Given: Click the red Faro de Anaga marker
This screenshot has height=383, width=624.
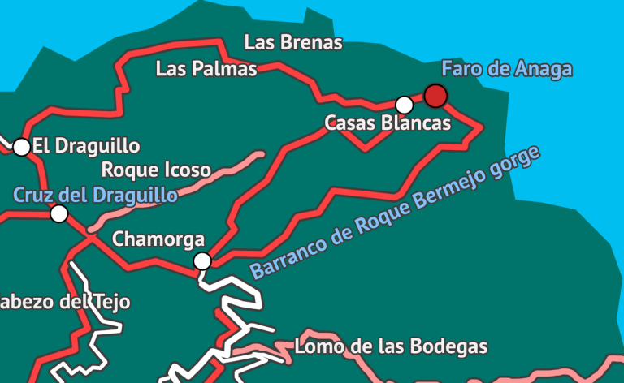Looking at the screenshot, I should [x=435, y=97].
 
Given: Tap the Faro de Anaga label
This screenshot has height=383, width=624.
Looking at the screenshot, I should [x=506, y=69].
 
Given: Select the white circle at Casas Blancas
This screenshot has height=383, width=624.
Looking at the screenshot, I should [x=404, y=105].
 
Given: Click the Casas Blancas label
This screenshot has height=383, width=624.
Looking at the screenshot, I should [x=387, y=123].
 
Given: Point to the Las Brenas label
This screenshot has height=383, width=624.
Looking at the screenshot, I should [x=293, y=43].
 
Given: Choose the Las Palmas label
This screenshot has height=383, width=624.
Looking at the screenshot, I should [x=206, y=69].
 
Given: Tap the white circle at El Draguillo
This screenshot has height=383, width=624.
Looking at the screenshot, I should [x=22, y=147].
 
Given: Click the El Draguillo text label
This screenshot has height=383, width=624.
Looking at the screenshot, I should [x=86, y=147].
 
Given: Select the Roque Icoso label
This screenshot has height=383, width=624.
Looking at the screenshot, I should [x=155, y=170].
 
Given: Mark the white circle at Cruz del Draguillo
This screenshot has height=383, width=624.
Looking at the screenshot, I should [x=58, y=213].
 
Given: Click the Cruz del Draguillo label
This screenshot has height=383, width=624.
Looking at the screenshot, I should [x=95, y=196].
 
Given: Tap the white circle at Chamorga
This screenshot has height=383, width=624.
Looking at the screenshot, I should [x=202, y=260].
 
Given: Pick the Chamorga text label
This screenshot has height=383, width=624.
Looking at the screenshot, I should [x=158, y=239].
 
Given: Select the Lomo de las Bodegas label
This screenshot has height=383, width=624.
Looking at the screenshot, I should [x=390, y=347].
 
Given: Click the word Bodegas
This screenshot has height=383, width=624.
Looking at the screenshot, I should [x=454, y=347].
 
